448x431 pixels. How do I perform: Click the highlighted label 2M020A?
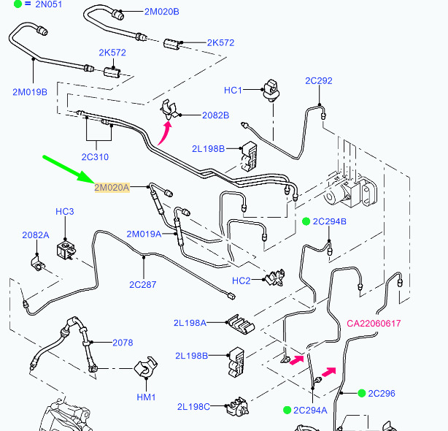click(x=111, y=188)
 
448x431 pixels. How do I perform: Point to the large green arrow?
click(x=69, y=167)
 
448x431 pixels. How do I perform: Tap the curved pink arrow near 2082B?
click(x=165, y=134)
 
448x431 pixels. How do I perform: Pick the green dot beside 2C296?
click(x=361, y=393)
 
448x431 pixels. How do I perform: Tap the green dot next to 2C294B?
click(x=306, y=221)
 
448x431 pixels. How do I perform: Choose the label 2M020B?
click(x=161, y=12)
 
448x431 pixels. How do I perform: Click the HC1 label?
click(x=233, y=90)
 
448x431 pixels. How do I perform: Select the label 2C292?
click(x=319, y=80)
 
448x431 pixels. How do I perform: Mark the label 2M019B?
click(x=30, y=91)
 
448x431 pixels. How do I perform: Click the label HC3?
click(x=65, y=212)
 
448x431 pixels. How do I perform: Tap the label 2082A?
click(x=35, y=235)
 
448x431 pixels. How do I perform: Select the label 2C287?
click(x=143, y=284)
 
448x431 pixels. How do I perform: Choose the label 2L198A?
click(x=190, y=322)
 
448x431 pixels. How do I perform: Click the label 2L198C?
click(x=193, y=406)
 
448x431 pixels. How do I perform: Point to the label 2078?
click(x=123, y=343)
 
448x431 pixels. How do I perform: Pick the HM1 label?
click(x=147, y=397)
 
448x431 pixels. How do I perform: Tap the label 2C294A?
click(x=310, y=410)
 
